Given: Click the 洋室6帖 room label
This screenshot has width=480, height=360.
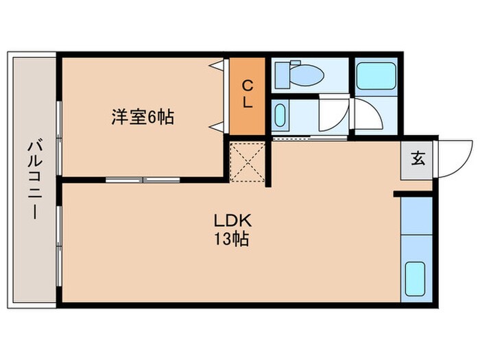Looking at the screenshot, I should coord(143,117).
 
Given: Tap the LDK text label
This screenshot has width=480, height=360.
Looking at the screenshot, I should coord(234,221).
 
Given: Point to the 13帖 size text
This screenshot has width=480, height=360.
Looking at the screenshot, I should coord(234,240).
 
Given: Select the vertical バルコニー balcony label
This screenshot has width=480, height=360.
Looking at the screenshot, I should coord(32,180).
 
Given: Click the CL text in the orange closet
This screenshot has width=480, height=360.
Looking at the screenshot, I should coord(248,95).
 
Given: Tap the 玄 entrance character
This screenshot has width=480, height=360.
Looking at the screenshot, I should coord(417,159).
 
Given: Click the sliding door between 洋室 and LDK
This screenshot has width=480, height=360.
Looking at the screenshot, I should coord(143,180).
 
